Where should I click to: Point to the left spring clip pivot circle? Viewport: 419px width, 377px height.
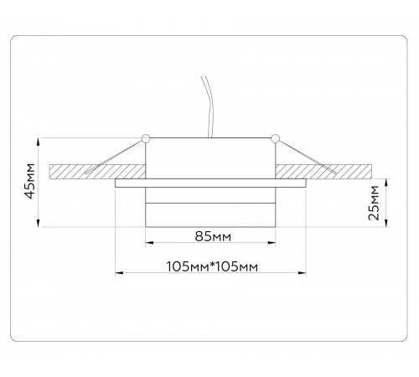[146, 137]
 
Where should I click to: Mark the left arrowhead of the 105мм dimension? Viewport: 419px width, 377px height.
[116, 273]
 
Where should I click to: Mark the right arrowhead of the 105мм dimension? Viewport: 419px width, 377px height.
[307, 273]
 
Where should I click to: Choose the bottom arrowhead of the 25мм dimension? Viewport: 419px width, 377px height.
[386, 225]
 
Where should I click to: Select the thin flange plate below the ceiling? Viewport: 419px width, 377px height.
[211, 182]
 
